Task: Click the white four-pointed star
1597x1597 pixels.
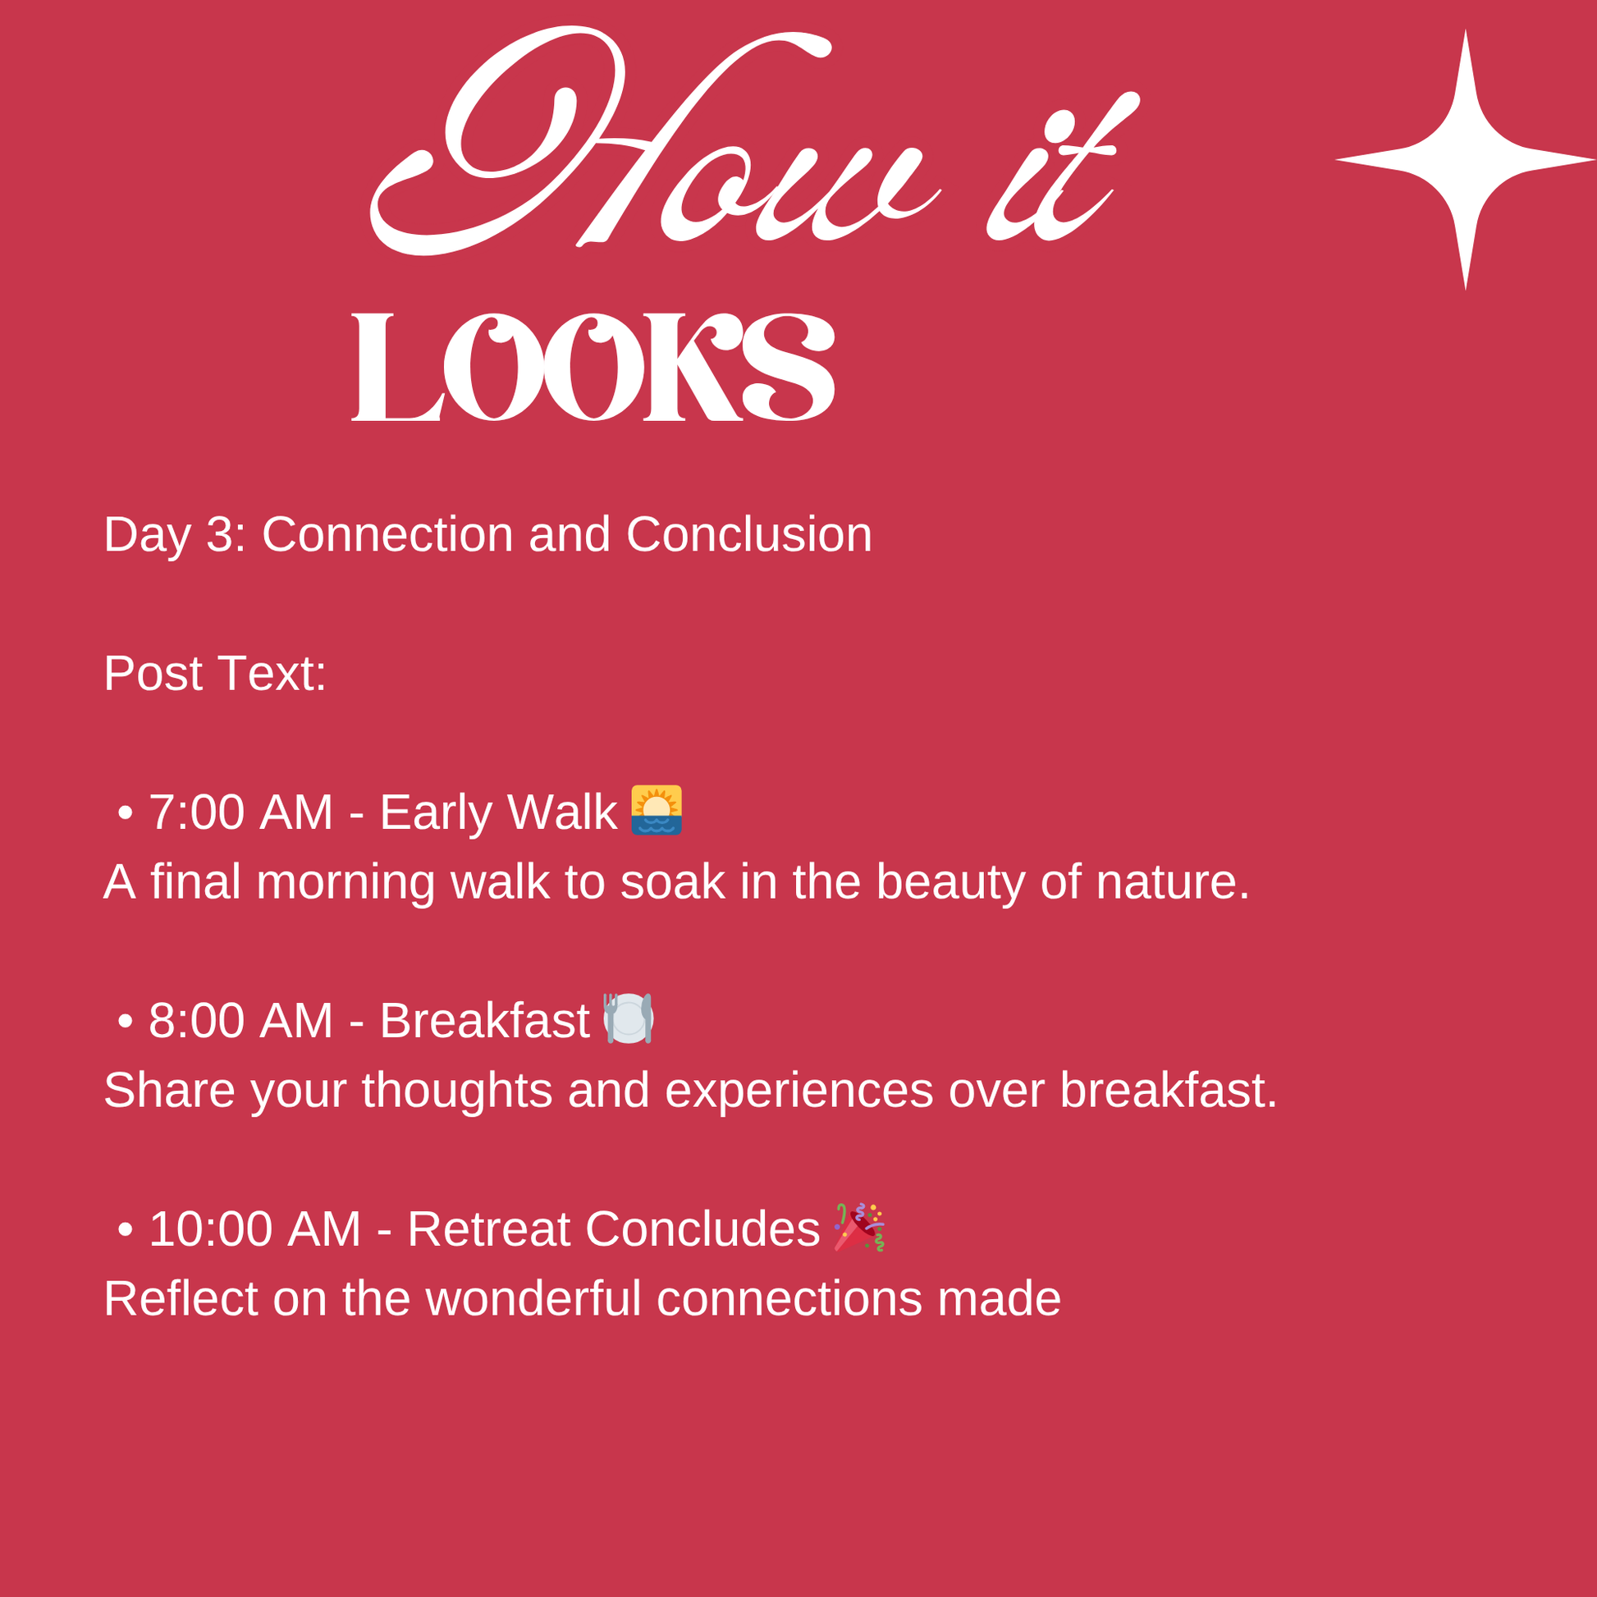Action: [1466, 159]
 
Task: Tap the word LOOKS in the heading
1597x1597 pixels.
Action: [593, 367]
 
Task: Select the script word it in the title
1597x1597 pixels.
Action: [1063, 165]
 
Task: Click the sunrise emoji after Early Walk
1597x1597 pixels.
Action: [657, 810]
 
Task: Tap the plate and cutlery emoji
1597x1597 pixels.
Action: [629, 1018]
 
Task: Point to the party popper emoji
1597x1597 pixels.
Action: [860, 1227]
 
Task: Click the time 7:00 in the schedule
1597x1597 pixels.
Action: [197, 812]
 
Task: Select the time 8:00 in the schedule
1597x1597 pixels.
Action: [197, 1021]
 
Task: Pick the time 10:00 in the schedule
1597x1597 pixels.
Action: [211, 1229]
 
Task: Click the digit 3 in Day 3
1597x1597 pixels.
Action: [219, 535]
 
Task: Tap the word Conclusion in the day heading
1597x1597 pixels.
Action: [749, 535]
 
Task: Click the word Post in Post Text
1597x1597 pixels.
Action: [153, 674]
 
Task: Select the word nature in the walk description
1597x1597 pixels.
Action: [1173, 882]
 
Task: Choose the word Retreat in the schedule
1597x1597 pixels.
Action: [488, 1229]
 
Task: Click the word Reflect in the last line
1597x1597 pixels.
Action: [181, 1298]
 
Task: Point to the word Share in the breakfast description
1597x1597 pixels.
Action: [169, 1091]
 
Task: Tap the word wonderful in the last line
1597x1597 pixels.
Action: [533, 1298]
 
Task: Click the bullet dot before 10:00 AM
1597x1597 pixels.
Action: [126, 1229]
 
